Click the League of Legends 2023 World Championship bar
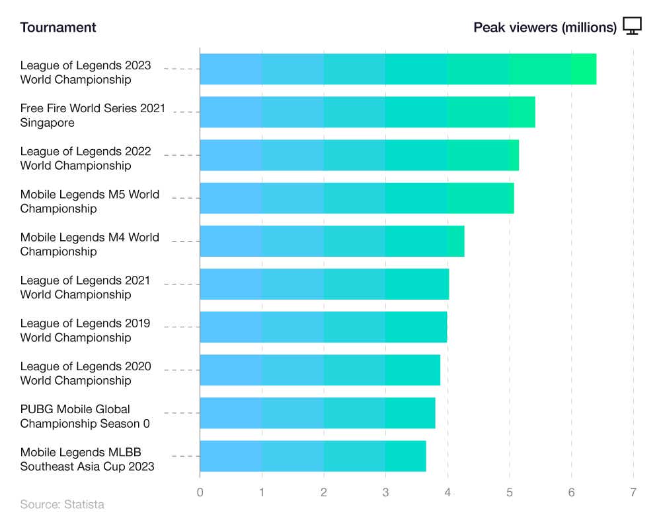[397, 69]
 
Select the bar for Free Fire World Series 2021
[367, 112]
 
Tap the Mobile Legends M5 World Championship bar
[356, 198]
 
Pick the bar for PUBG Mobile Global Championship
[317, 412]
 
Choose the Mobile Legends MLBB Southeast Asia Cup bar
[313, 455]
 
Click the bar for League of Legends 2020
[319, 370]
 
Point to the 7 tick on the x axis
[633, 492]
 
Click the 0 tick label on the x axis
[200, 492]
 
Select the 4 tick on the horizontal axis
[447, 492]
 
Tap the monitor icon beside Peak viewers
[633, 26]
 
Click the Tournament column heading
[58, 27]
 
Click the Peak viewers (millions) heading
[545, 27]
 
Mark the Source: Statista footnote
[62, 504]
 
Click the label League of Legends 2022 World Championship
[85, 158]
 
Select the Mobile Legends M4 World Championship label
[89, 244]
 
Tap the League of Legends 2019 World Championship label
[85, 330]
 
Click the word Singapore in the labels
[47, 123]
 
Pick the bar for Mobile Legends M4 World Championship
[332, 241]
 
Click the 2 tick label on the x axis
[324, 492]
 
